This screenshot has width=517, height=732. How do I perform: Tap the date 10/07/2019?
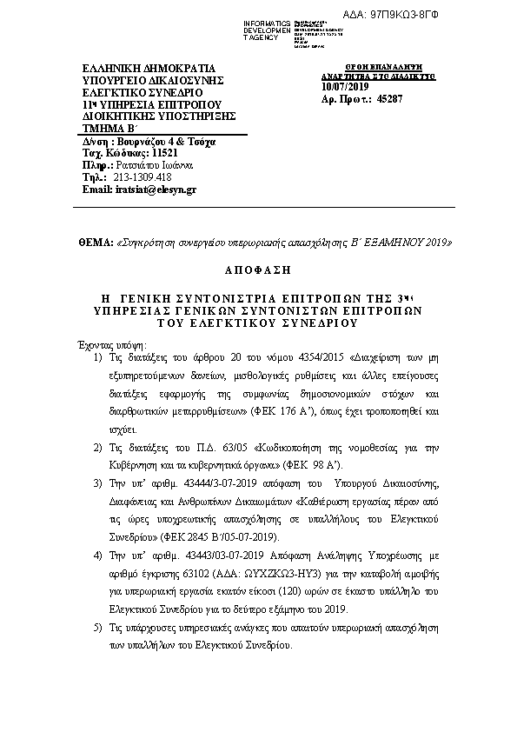[x=345, y=86]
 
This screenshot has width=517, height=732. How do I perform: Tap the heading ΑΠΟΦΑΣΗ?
[x=258, y=270]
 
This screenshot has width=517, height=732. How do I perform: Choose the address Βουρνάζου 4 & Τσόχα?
[x=162, y=140]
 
